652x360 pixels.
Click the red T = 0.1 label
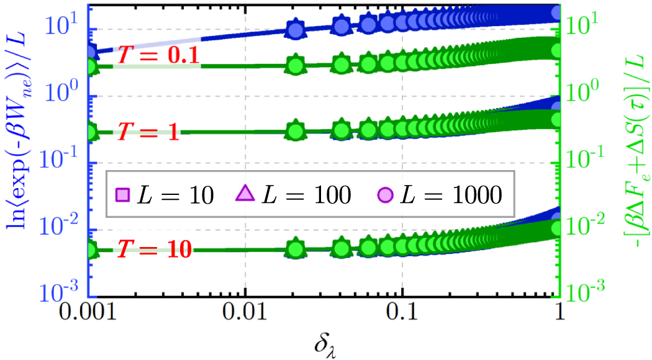coord(158,56)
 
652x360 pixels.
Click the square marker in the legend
coord(123,195)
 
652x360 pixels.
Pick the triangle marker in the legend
coord(247,195)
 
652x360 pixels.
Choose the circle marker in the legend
coord(384,195)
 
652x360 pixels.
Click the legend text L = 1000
coord(448,196)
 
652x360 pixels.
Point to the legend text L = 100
coord(304,196)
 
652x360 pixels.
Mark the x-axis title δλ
coord(325,343)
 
